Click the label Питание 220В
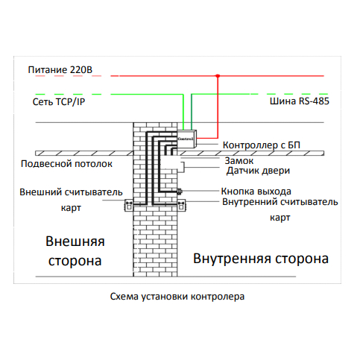pyautogui.click(x=60, y=70)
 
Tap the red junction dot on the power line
pyautogui.click(x=218, y=76)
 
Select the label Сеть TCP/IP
pyautogui.click(x=59, y=101)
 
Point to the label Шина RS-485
pyautogui.click(x=300, y=101)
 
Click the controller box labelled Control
pyautogui.click(x=187, y=139)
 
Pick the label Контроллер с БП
pyautogui.click(x=262, y=145)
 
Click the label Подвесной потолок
pyautogui.click(x=66, y=164)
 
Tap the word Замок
pyautogui.click(x=239, y=161)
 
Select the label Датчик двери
pyautogui.click(x=258, y=171)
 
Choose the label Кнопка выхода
pyautogui.click(x=256, y=192)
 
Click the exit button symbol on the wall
pyautogui.click(x=180, y=192)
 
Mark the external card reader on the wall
pyautogui.click(x=129, y=206)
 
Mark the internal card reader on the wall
pyautogui.click(x=182, y=206)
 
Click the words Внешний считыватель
pyautogui.click(x=71, y=192)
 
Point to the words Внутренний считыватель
pyautogui.click(x=280, y=202)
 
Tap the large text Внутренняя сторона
pyautogui.click(x=261, y=259)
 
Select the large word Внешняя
pyautogui.click(x=75, y=241)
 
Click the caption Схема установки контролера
pyautogui.click(x=177, y=297)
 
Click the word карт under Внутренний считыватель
pyautogui.click(x=280, y=218)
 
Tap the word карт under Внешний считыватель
pyautogui.click(x=71, y=208)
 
